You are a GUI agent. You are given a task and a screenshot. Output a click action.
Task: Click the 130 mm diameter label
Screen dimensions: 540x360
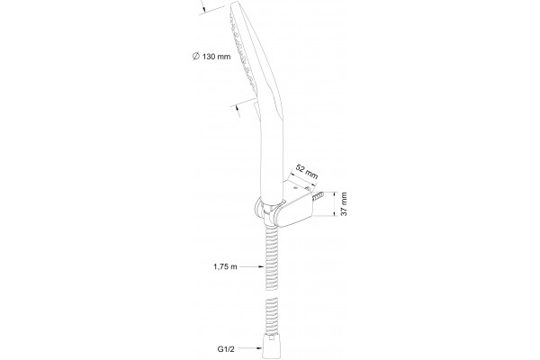[x=211, y=56]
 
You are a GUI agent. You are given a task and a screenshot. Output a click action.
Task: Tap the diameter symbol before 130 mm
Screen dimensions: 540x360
[x=196, y=56]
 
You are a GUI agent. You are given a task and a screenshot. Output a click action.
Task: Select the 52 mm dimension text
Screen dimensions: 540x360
[x=307, y=172]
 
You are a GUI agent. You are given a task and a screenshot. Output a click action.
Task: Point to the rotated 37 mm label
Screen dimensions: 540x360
[x=344, y=204]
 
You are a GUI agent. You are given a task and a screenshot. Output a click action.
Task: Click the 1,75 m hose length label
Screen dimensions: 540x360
[x=225, y=266]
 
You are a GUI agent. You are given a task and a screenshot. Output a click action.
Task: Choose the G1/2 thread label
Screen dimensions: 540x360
[x=226, y=349]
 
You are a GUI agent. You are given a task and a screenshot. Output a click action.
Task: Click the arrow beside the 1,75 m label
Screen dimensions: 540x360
[x=251, y=266]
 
